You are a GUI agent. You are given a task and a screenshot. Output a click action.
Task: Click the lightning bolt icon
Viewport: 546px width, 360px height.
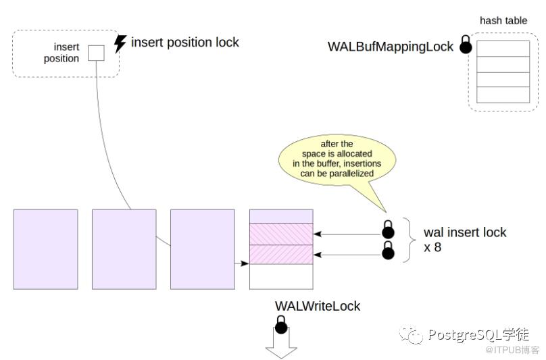coord(120,43)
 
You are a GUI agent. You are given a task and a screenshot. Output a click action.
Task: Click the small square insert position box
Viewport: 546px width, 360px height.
coord(96,53)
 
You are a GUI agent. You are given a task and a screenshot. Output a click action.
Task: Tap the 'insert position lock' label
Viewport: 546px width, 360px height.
coord(184,43)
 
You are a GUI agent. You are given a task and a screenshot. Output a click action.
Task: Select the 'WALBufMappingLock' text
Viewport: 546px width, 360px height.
coord(390,47)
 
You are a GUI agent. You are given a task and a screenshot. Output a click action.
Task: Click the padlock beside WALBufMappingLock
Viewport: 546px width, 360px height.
coord(466,46)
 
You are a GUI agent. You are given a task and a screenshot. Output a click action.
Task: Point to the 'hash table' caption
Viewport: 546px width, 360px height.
coord(503,21)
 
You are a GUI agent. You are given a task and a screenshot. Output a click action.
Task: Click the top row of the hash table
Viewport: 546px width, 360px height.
coord(503,49)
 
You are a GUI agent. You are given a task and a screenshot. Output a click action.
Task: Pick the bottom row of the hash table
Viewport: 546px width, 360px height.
coord(503,95)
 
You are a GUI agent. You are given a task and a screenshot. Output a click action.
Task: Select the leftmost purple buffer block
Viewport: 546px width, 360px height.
coord(45,249)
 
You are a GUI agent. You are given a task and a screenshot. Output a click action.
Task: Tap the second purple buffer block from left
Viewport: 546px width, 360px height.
coord(124,249)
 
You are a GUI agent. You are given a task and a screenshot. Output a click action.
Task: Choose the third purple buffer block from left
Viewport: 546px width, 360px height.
coord(202,249)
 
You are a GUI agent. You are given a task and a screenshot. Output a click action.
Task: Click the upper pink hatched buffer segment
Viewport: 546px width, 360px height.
coord(281,234)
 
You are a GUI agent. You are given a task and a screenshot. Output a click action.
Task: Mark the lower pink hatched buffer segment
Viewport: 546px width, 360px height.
coord(281,255)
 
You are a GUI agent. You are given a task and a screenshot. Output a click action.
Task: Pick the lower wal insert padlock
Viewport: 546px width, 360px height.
coord(389,251)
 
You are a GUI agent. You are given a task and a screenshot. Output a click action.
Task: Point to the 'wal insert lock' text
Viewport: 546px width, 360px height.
coord(465,233)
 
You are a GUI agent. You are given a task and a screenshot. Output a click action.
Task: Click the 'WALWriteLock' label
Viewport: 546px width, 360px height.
coord(318,306)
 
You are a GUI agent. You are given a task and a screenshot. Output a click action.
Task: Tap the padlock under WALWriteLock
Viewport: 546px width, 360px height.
coord(281,326)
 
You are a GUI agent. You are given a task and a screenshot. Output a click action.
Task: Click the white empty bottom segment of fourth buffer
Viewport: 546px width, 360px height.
coord(281,276)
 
